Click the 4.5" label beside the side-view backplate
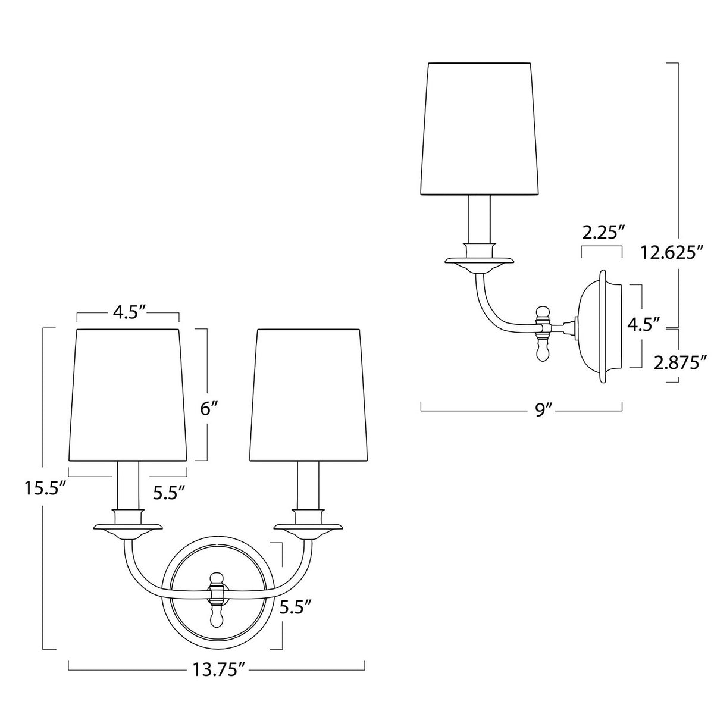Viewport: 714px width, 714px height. coord(643,325)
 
